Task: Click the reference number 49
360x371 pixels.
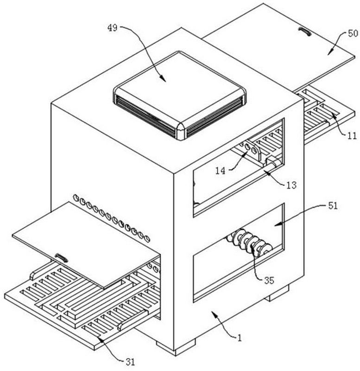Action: pos(112,28)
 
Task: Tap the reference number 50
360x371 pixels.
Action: pos(353,33)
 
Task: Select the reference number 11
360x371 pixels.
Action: pos(352,136)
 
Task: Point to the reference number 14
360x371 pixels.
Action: pos(220,171)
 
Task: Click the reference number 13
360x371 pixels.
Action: pos(291,185)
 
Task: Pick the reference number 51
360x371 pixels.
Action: pos(333,205)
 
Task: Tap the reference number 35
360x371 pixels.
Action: pos(269,281)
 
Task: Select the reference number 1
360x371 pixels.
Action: pos(240,338)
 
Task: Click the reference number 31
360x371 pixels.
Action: pos(130,362)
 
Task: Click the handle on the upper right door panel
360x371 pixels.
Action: pos(305,32)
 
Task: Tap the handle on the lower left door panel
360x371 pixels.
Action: pos(62,258)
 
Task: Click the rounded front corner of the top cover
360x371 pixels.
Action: pos(181,131)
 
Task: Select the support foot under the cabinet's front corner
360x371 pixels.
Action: pos(176,347)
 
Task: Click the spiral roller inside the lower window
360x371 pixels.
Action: pos(249,243)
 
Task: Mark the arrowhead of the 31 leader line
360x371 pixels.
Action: pos(99,339)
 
